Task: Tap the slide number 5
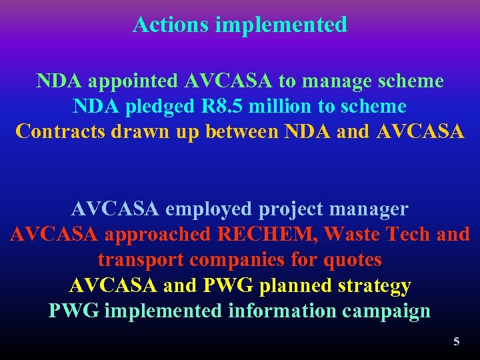(457, 341)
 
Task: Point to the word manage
(342, 81)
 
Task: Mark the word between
(243, 131)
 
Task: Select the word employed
(208, 209)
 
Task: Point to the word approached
(158, 235)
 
